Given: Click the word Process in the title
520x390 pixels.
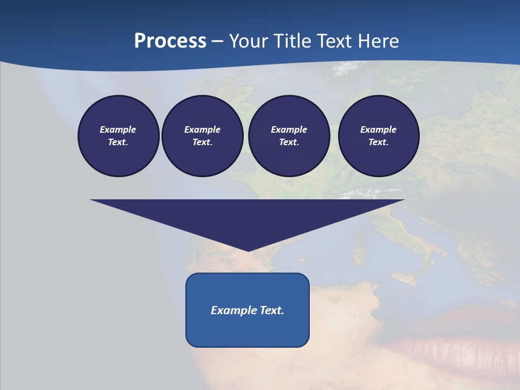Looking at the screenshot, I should pos(170,41).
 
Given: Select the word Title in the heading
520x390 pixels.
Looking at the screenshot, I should pos(293,41).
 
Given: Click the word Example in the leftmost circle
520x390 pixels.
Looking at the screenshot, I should pos(118,129).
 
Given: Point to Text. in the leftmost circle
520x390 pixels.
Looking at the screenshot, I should pos(118,142).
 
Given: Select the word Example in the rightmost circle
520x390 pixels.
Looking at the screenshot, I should pos(379,129).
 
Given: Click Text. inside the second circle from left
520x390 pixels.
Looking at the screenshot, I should pos(202,142).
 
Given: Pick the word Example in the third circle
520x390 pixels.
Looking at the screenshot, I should pos(289,129).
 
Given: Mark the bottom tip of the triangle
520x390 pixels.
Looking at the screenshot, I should pos(248,250).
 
